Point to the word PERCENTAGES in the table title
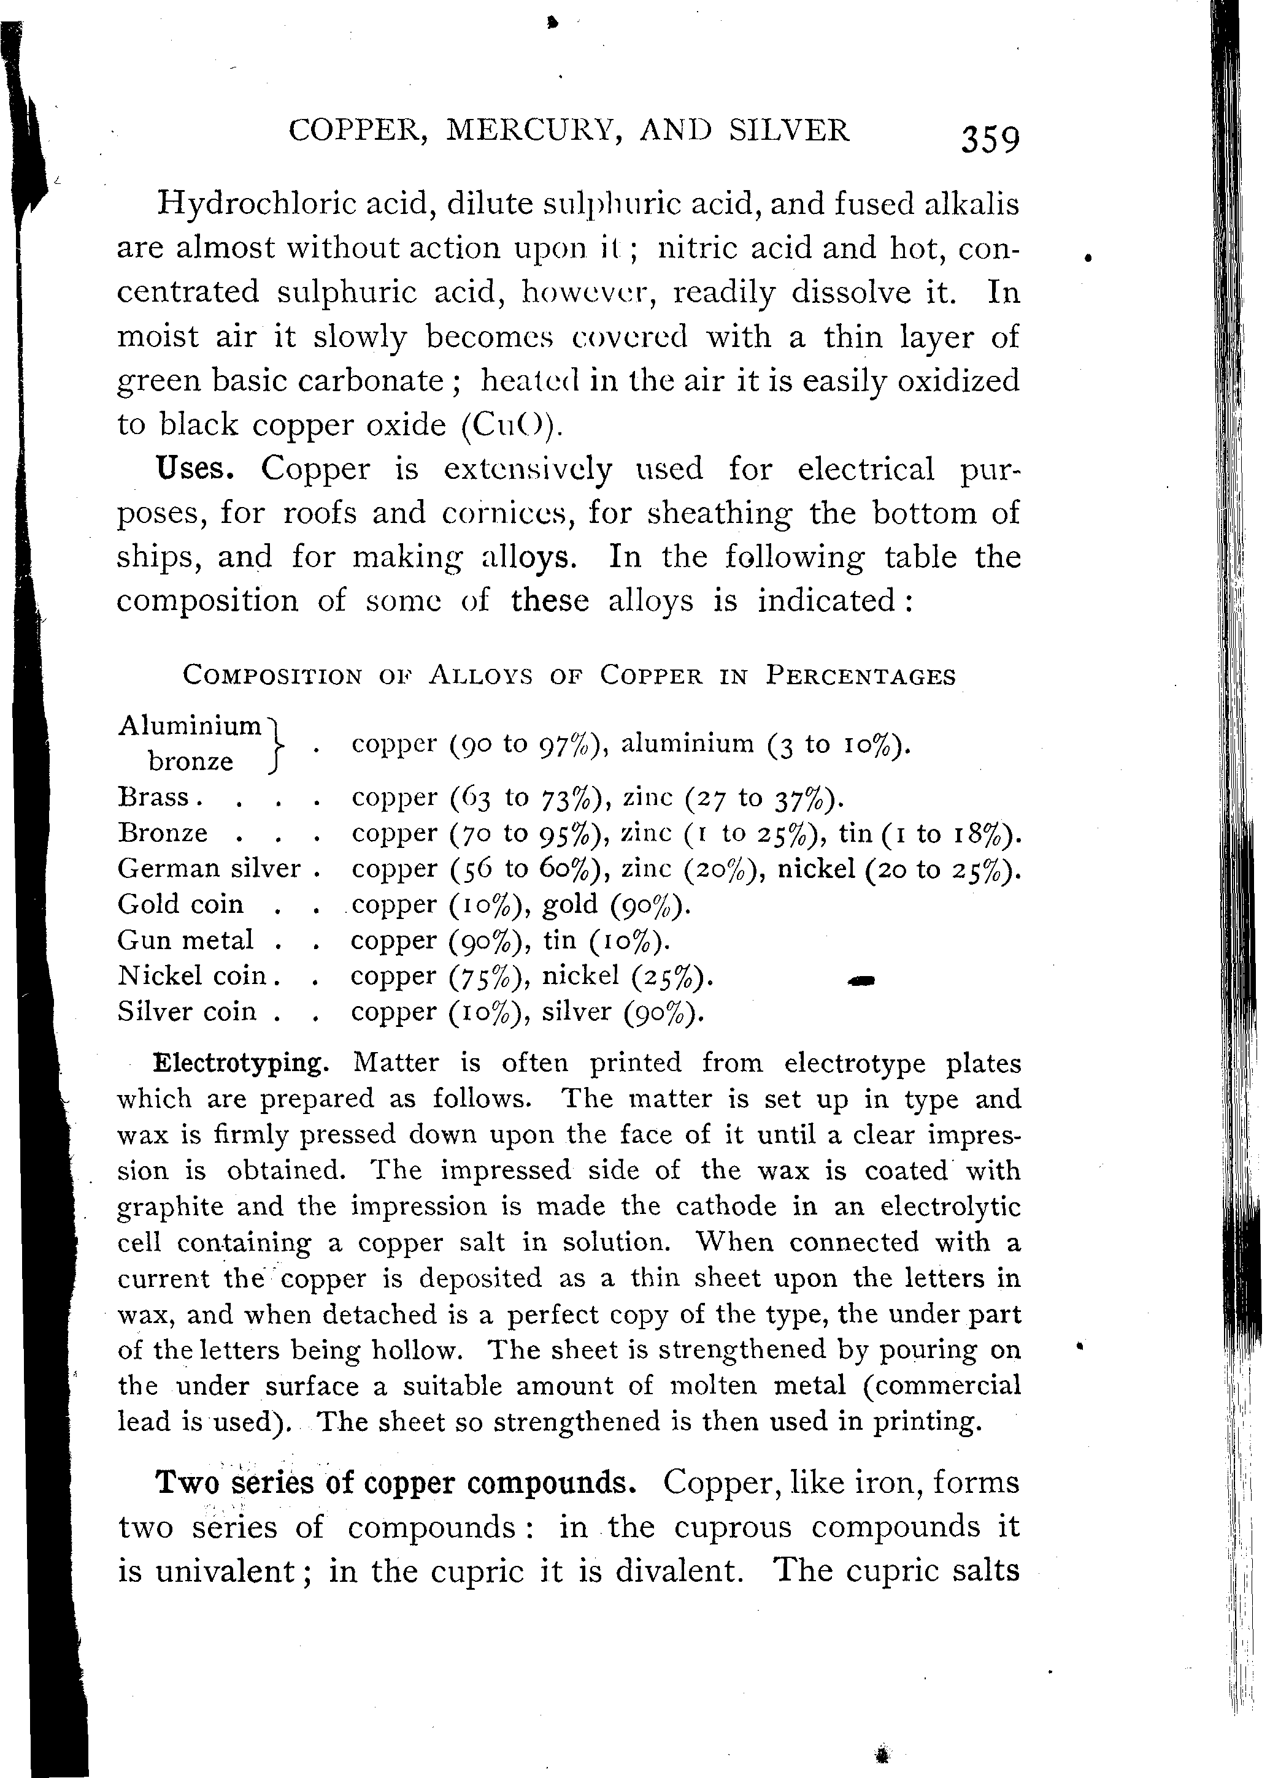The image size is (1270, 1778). (860, 675)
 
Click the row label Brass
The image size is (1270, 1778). (153, 796)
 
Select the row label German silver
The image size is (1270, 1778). (209, 868)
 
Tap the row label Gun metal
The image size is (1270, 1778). (185, 939)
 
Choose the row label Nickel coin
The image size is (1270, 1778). (191, 975)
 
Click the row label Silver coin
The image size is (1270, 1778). (187, 1011)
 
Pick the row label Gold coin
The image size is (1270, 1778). (180, 904)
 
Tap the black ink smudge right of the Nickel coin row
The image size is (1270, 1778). (860, 981)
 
